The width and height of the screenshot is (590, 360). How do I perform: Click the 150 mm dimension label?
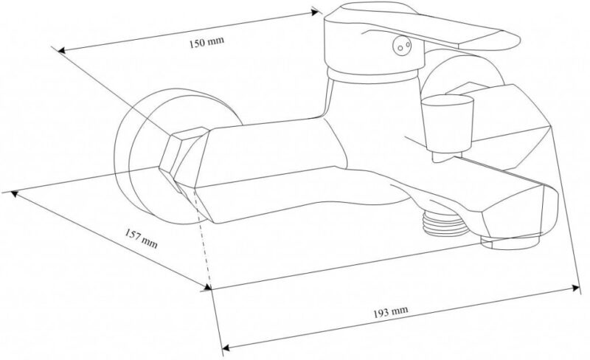(x=206, y=41)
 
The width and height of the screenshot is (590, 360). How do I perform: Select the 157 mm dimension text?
(x=141, y=239)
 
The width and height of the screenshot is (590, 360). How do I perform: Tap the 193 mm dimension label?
(x=391, y=312)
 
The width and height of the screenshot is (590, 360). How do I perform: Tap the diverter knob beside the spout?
(x=447, y=124)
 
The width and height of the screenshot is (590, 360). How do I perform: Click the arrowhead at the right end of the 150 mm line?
(x=316, y=13)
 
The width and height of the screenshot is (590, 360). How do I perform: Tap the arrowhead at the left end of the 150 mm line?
(x=61, y=50)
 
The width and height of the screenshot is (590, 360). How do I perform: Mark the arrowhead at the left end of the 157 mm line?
(x=14, y=193)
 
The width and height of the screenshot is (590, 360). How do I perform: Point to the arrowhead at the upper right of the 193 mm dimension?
(x=576, y=288)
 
